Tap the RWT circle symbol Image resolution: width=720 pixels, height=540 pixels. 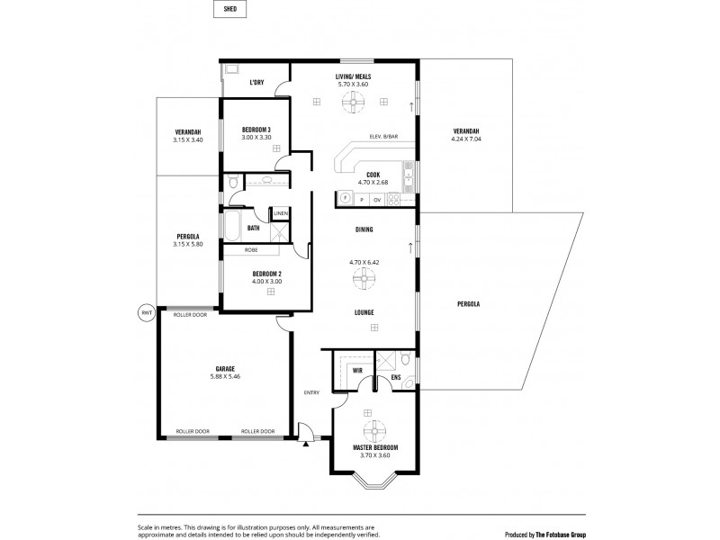coord(147,313)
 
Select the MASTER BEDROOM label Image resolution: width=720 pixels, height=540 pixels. coord(375,447)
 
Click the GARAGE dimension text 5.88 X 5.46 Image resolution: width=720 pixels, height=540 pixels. coord(225,376)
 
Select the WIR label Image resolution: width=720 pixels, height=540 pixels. coord(357,369)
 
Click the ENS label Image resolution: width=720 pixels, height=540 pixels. coord(395,377)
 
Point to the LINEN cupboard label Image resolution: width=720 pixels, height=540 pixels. coord(281,212)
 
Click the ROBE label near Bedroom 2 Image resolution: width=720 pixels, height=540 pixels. coord(251,250)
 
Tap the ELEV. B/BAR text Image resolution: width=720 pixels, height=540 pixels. coord(384,136)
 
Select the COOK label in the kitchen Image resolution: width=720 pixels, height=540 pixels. coord(373,174)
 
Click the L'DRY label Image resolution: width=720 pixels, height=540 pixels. coord(256,82)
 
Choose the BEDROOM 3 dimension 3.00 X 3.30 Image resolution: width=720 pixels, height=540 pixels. coord(256,137)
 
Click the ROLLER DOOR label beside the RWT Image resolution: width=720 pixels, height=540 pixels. coord(191,314)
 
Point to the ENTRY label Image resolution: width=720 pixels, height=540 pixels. coord(311,392)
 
